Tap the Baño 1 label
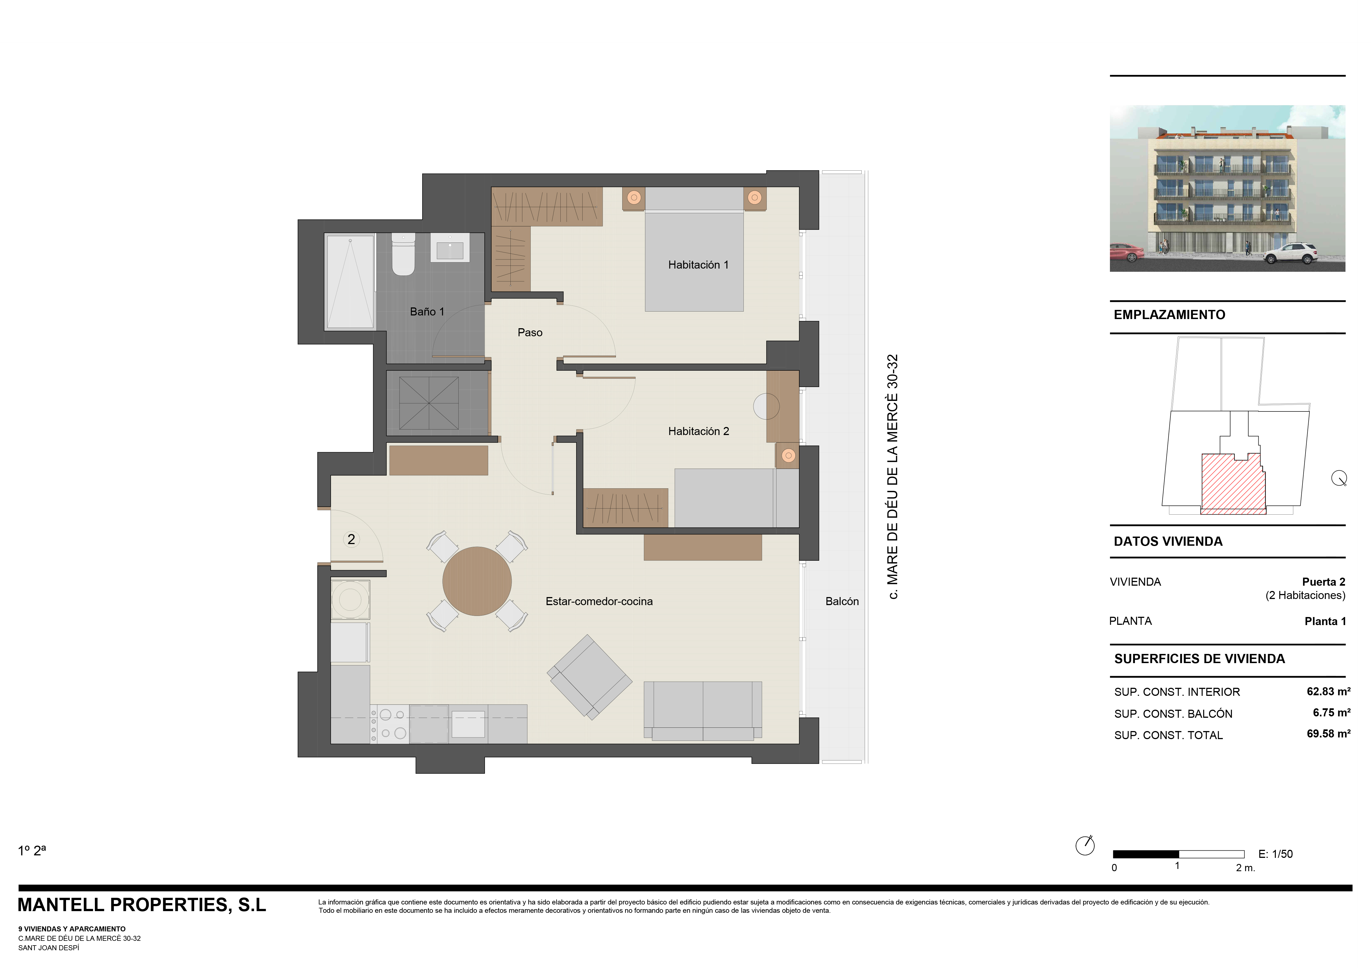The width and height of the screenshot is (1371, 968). point(427,312)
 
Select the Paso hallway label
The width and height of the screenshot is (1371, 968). point(530,333)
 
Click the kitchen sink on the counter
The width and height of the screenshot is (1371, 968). point(468,724)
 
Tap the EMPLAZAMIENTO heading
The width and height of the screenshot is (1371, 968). point(1169,315)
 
